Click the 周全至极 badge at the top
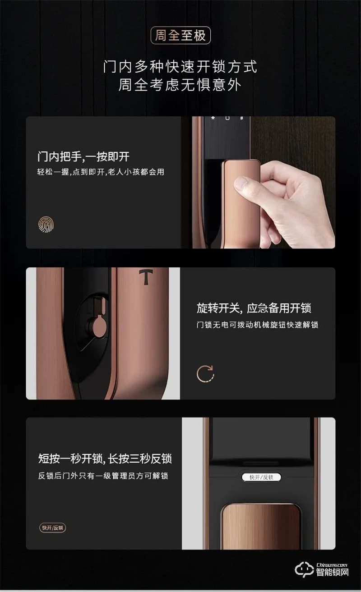(x=180, y=36)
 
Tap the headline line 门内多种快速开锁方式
(x=180, y=67)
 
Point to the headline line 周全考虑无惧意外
(x=180, y=85)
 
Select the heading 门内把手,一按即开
(x=83, y=157)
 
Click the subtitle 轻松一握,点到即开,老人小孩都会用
(x=101, y=172)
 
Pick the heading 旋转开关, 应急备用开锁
(x=254, y=308)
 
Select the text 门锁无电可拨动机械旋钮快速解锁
(x=258, y=325)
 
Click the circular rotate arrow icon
(x=206, y=374)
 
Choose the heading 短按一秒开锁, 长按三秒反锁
(x=105, y=459)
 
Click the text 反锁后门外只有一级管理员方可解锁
(x=103, y=476)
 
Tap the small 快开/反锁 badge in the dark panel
(x=53, y=528)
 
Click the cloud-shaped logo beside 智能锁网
(x=304, y=569)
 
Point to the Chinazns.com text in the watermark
(x=332, y=564)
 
